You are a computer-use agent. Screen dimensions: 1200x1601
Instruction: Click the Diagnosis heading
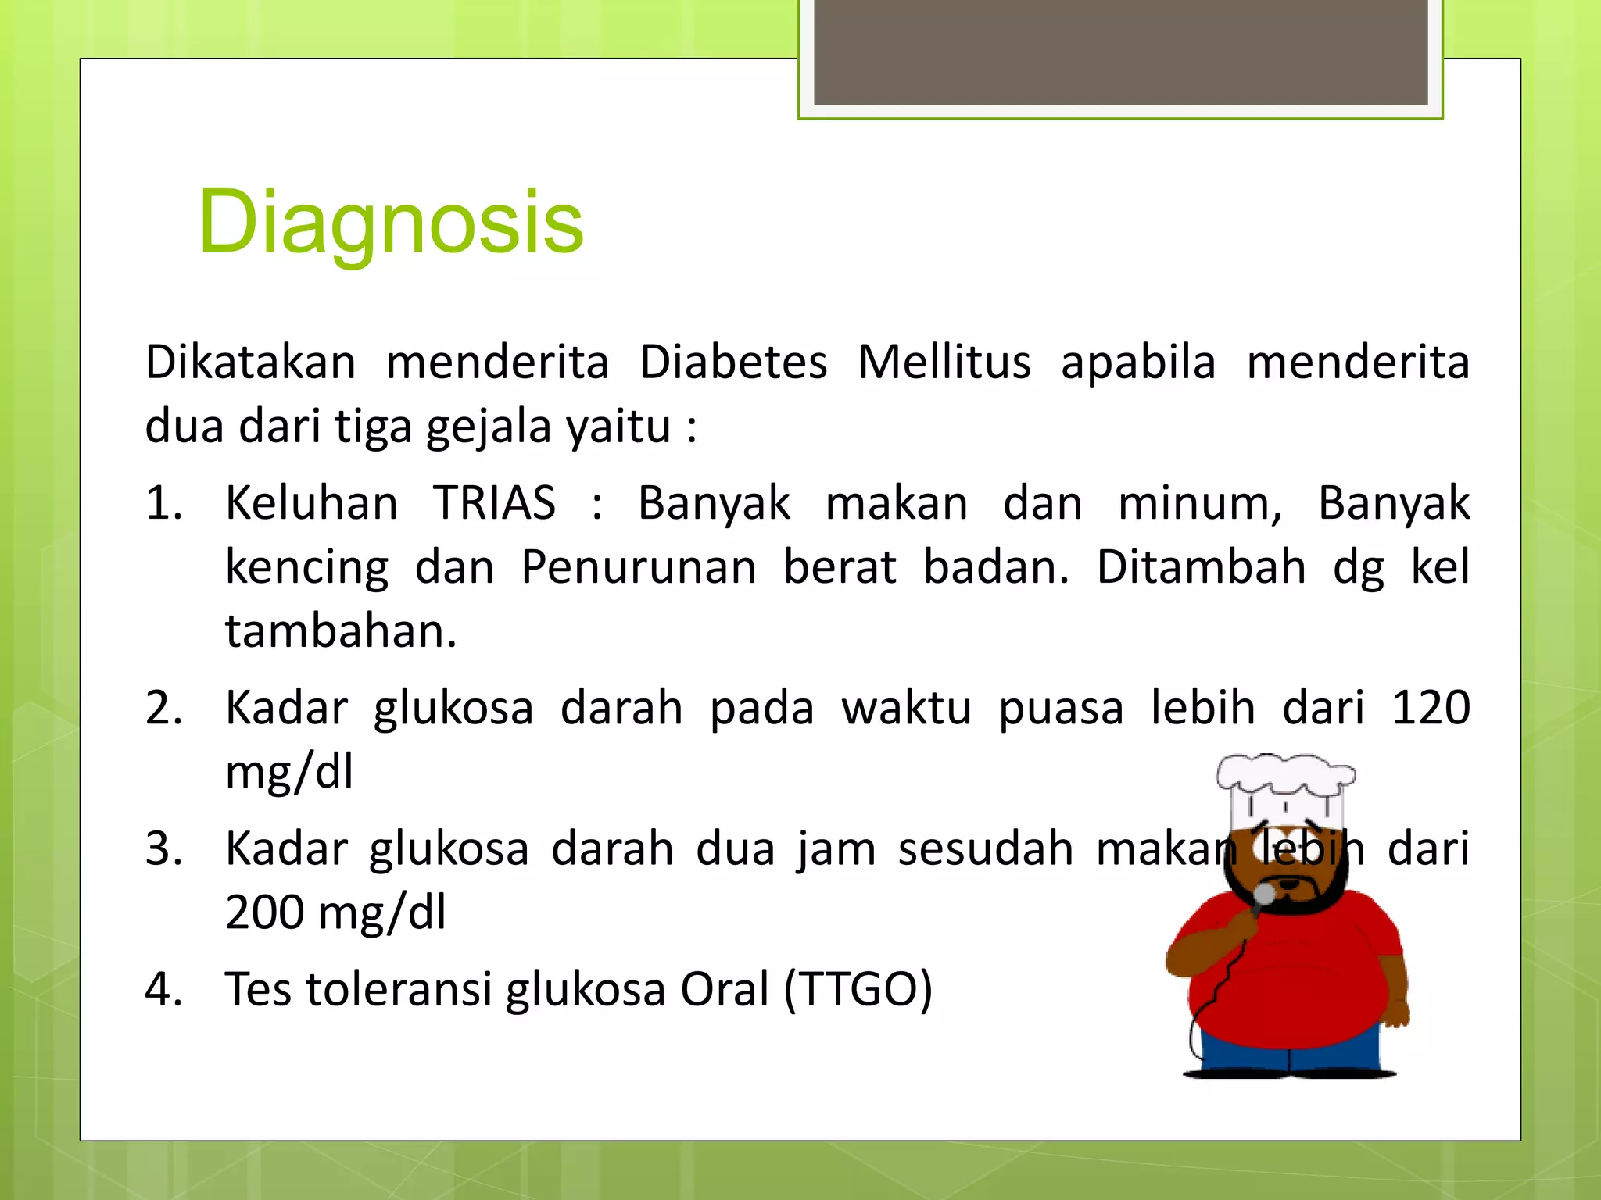pyautogui.click(x=391, y=223)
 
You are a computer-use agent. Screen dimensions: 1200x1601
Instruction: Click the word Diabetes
pyautogui.click(x=732, y=363)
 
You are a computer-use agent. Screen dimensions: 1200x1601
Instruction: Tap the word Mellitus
pyautogui.click(x=944, y=363)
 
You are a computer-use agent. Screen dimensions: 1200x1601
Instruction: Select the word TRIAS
pyautogui.click(x=494, y=503)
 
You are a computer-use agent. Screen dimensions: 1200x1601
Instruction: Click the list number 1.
pyautogui.click(x=163, y=503)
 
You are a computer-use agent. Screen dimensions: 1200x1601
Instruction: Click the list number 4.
pyautogui.click(x=163, y=989)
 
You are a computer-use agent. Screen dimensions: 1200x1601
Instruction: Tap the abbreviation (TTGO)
pyautogui.click(x=858, y=989)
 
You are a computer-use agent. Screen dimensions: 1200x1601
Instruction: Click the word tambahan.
pyautogui.click(x=340, y=631)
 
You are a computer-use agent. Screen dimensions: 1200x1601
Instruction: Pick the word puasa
pyautogui.click(x=1061, y=708)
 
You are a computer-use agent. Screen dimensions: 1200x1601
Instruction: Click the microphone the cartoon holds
pyautogui.click(x=1263, y=895)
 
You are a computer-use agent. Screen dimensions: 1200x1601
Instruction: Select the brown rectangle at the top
pyautogui.click(x=1120, y=51)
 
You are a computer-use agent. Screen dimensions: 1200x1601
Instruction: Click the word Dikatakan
pyautogui.click(x=250, y=363)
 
